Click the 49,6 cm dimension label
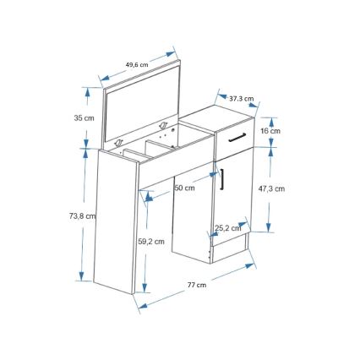pos(136,64)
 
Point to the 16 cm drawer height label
pos(270,131)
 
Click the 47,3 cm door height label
pos(271,189)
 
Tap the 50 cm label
pos(184,188)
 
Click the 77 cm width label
pos(196,286)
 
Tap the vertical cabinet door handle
pos(221,180)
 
